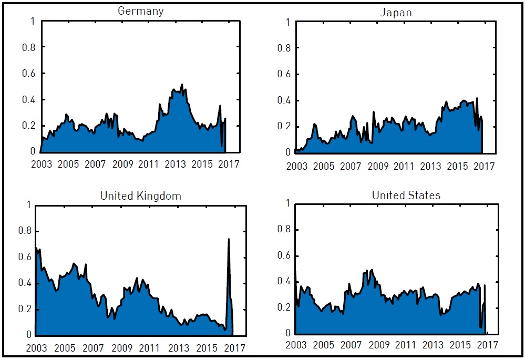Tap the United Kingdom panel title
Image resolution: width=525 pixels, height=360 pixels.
tap(140, 196)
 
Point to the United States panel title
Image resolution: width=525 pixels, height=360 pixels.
tap(406, 196)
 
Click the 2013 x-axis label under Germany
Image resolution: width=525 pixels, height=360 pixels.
tap(176, 164)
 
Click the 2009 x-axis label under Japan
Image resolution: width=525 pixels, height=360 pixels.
tap(378, 167)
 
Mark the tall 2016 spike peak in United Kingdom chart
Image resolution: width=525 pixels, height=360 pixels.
tap(229, 239)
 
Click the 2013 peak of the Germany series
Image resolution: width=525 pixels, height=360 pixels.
tap(182, 84)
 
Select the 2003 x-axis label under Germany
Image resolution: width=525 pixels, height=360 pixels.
tap(42, 164)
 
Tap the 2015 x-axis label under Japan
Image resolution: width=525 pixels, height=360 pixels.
tap(458, 167)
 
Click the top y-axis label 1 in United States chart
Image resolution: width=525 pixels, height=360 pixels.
tap(288, 203)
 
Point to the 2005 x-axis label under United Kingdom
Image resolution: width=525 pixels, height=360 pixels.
tap(65, 348)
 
